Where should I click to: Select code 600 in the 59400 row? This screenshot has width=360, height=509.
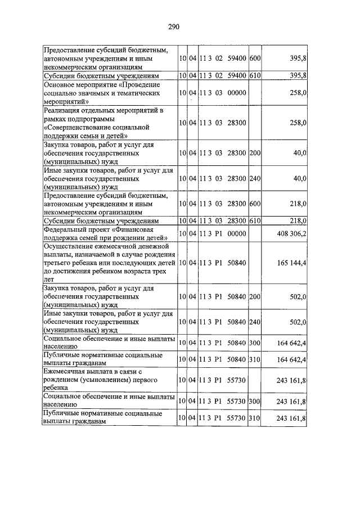click(x=255, y=58)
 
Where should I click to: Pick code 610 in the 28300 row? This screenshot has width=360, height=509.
click(x=255, y=221)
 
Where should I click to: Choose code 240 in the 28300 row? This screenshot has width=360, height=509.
click(x=255, y=178)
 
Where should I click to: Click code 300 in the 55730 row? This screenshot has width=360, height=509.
click(x=255, y=401)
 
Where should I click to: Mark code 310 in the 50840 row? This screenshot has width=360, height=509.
click(x=255, y=359)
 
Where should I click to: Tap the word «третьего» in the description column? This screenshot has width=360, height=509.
click(x=60, y=263)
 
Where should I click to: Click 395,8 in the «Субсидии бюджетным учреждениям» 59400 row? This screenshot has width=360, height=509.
click(x=295, y=75)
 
